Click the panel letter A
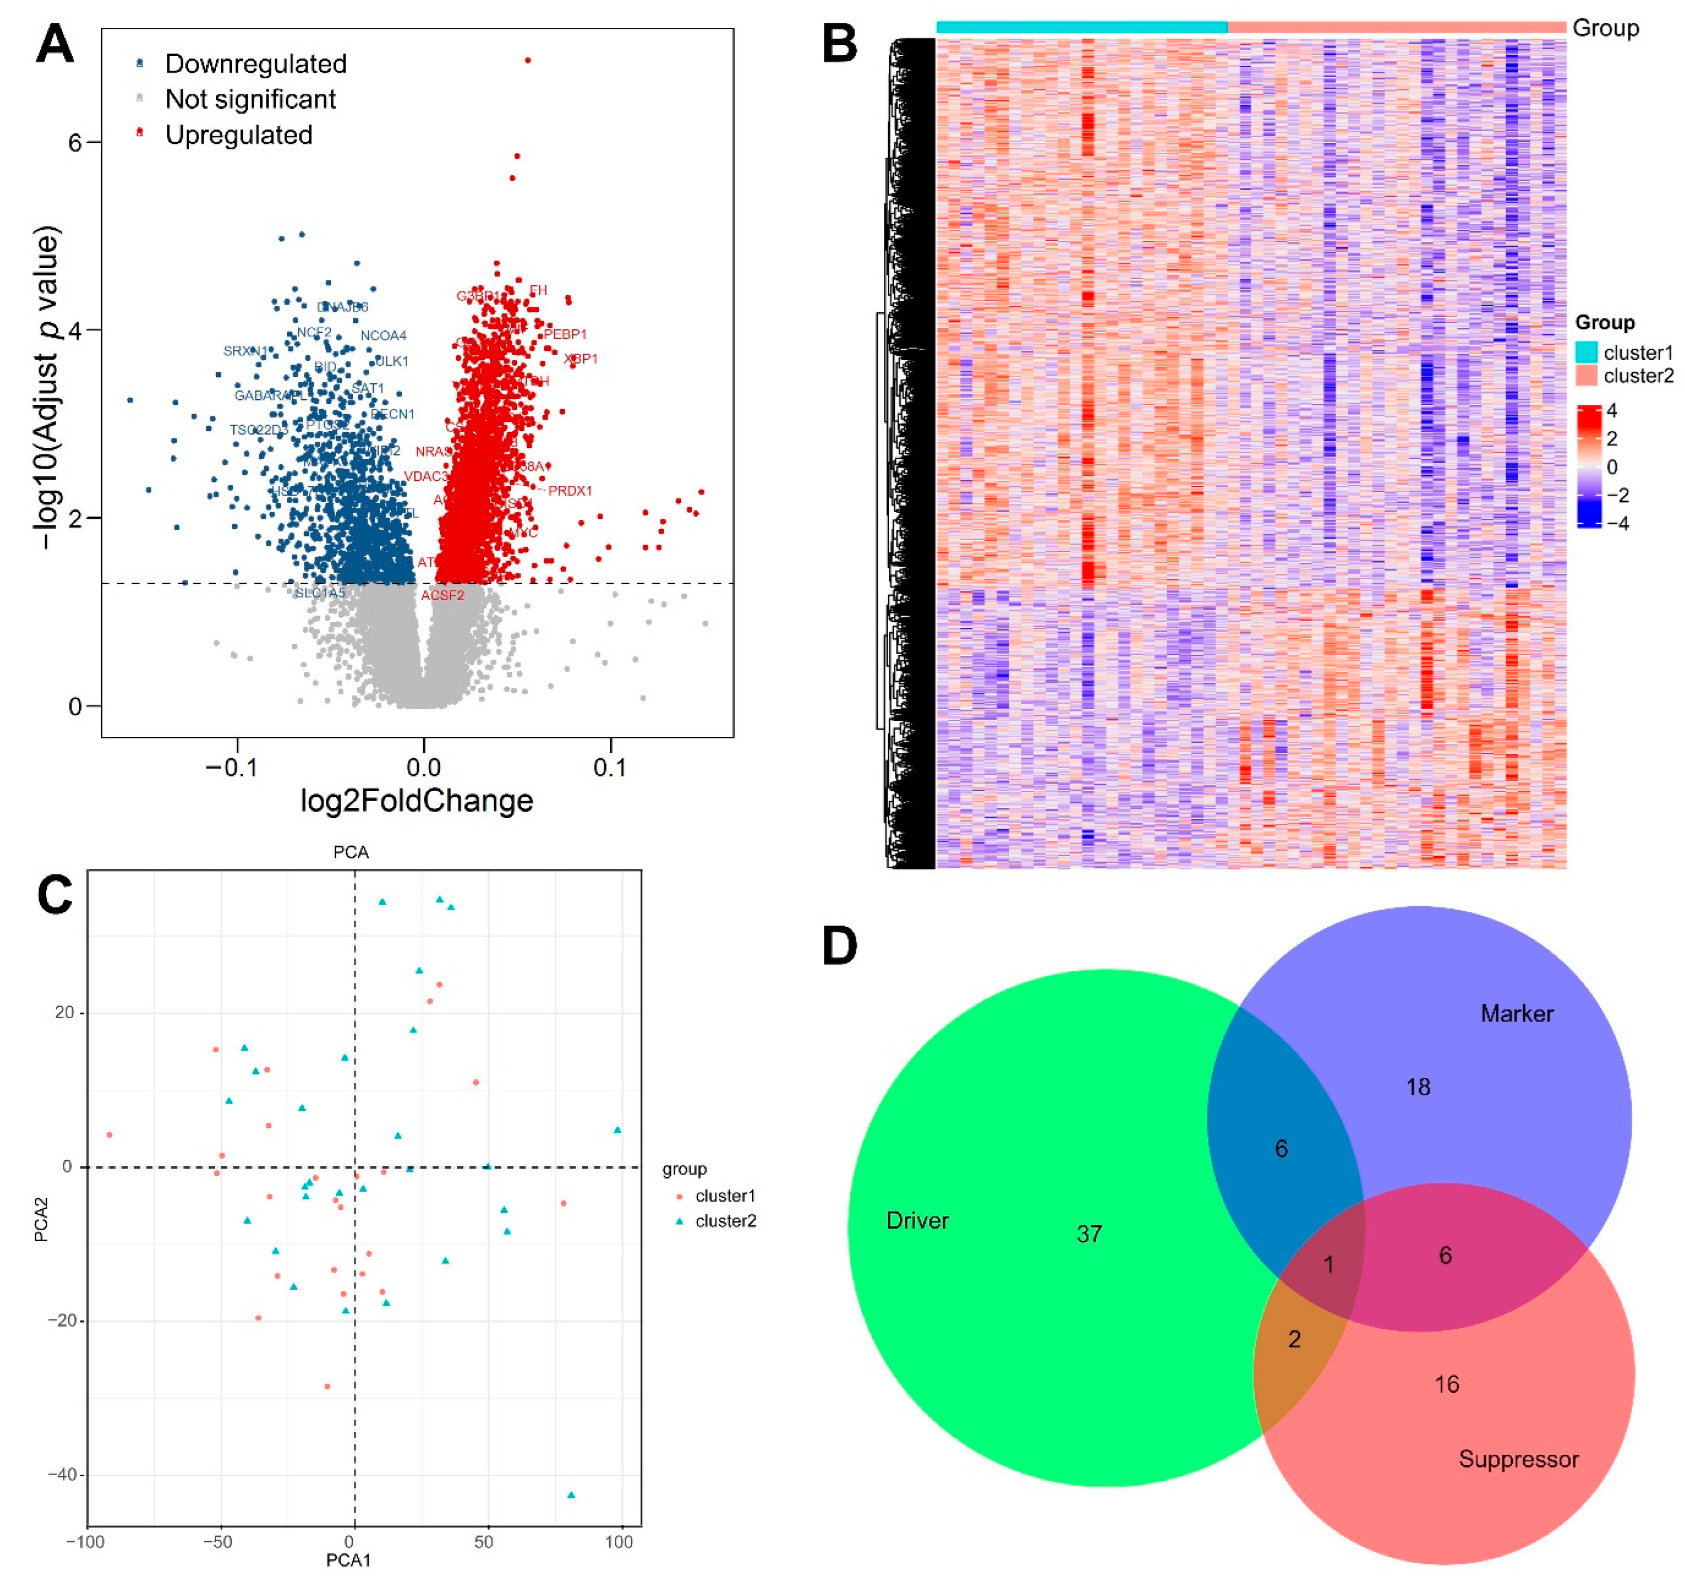[54, 44]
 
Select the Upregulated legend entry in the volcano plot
[238, 135]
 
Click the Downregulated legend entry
[255, 63]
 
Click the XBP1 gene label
[581, 358]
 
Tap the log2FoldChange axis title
[417, 800]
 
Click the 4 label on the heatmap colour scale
[1611, 411]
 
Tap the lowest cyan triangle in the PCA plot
[571, 1495]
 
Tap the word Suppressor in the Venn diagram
[1518, 1459]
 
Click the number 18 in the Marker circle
[1418, 1087]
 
